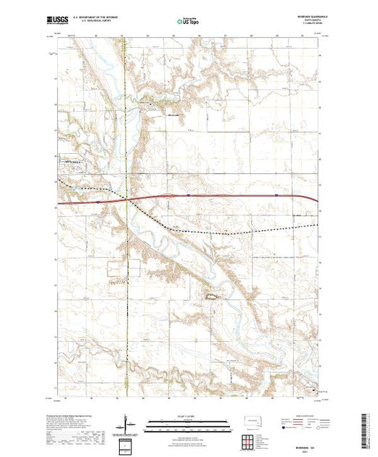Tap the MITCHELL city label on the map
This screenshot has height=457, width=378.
[75, 162]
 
